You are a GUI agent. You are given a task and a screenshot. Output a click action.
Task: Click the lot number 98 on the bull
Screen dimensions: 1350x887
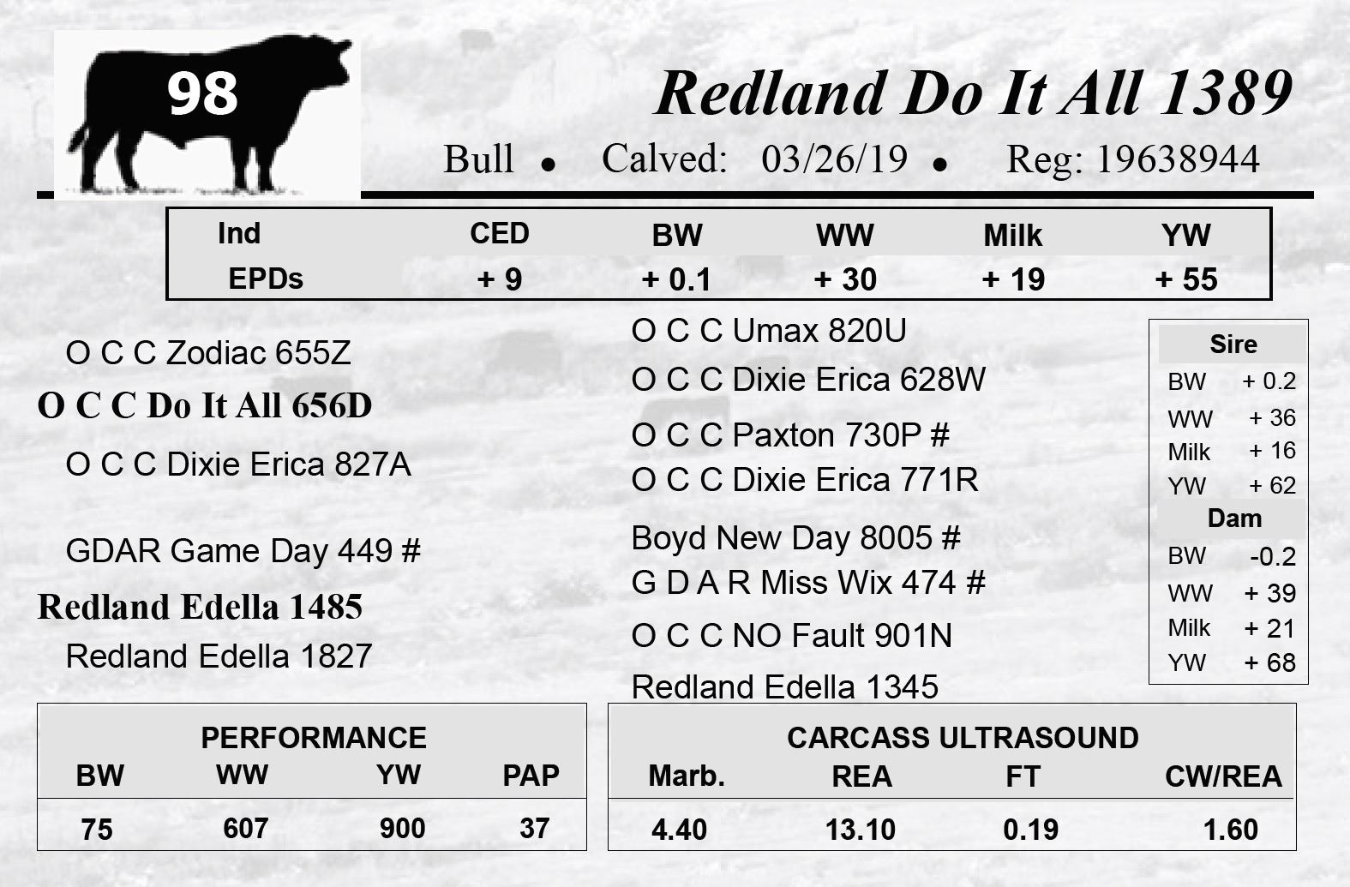tap(202, 93)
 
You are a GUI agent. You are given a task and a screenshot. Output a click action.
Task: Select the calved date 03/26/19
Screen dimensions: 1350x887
tap(835, 159)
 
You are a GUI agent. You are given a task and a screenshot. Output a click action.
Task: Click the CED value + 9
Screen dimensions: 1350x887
tap(500, 279)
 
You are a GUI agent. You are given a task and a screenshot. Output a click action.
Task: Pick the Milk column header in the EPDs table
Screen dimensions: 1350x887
tap(1013, 235)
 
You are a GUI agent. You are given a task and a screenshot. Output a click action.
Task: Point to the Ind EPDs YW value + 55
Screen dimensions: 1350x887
tap(1186, 279)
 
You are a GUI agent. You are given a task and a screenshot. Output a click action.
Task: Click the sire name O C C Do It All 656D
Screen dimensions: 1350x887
tap(205, 405)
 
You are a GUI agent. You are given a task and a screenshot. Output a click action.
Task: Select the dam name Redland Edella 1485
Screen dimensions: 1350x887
tap(200, 607)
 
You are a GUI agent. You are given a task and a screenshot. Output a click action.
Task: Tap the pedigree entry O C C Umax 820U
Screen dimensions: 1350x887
tap(768, 331)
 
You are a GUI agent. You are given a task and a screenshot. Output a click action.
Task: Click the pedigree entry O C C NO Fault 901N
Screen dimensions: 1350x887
tap(792, 636)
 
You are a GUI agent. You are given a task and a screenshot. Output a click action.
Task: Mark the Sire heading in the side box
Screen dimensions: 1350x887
tap(1233, 345)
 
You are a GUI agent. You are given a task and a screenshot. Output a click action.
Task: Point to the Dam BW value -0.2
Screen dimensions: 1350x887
tap(1273, 557)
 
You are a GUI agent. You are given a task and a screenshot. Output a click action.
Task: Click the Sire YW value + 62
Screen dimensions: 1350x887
tap(1272, 486)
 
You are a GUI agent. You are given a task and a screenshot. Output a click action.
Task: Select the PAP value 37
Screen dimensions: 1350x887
tap(535, 829)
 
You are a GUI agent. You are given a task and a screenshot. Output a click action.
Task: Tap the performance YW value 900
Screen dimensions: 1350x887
tap(402, 829)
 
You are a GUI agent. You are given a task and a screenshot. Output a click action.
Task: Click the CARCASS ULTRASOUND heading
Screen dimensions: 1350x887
tap(963, 738)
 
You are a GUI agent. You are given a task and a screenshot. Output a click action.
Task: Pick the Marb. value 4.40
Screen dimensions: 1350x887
tap(679, 830)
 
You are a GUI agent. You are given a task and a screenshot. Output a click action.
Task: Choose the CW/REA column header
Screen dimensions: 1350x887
tap(1223, 776)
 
